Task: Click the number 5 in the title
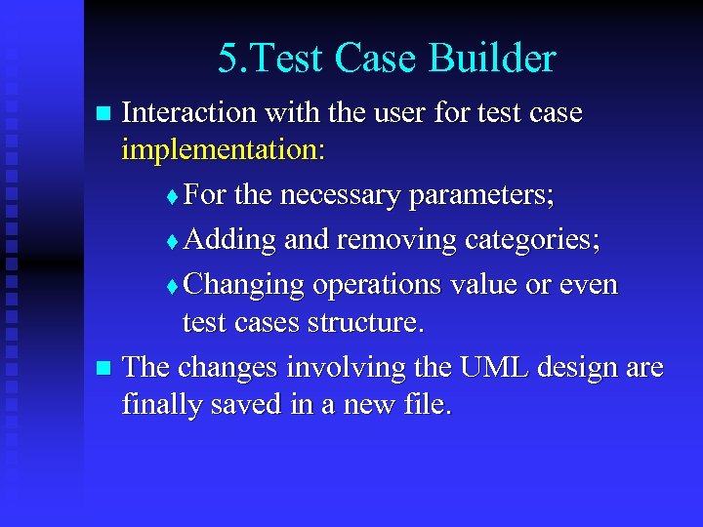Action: pos(227,60)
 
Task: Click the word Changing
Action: pos(244,284)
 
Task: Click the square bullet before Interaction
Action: pos(104,114)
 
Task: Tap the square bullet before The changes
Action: pos(104,369)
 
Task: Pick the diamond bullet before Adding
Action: pos(173,241)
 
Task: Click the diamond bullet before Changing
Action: pos(173,286)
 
